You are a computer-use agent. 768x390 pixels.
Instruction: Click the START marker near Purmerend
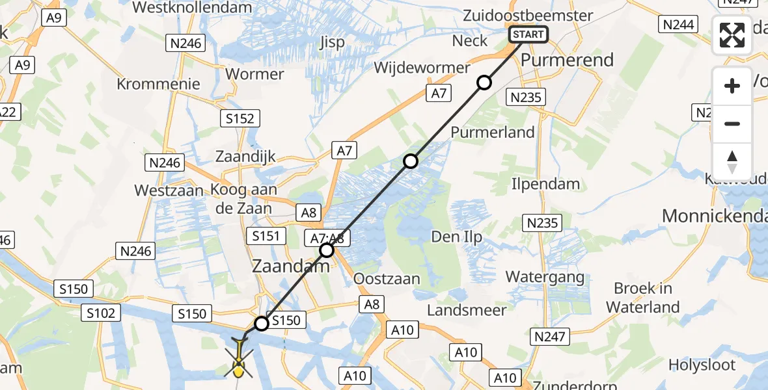(x=528, y=34)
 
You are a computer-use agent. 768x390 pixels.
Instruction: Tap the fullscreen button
(x=732, y=35)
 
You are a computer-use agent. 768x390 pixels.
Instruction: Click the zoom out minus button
(x=732, y=123)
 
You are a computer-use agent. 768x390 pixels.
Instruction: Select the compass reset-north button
(x=732, y=162)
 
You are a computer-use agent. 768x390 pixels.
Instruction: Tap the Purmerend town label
(x=567, y=60)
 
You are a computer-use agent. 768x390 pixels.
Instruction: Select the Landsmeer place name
(x=467, y=310)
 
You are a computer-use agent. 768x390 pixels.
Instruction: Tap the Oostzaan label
(x=387, y=279)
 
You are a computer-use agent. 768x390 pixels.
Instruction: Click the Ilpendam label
(x=545, y=184)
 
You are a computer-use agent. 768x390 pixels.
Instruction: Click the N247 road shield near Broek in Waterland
(x=550, y=337)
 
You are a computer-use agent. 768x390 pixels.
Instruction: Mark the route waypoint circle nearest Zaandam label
(x=327, y=250)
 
